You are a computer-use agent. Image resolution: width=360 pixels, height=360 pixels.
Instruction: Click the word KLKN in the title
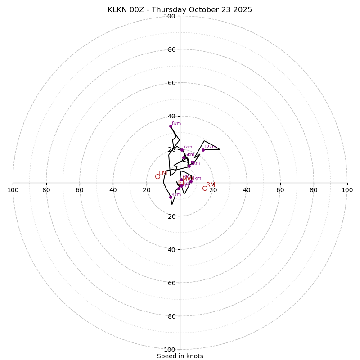tap(117, 10)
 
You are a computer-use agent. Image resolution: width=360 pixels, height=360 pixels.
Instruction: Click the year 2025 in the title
tap(243, 10)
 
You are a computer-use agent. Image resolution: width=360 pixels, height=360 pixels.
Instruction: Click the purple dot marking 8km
tap(171, 126)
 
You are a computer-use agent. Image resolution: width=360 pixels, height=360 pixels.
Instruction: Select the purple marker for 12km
tap(203, 150)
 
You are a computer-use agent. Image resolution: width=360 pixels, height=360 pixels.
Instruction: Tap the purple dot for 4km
tap(171, 197)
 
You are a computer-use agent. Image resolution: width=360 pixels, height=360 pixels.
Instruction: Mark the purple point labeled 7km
tap(182, 150)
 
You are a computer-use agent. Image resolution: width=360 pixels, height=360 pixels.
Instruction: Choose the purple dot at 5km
tap(189, 166)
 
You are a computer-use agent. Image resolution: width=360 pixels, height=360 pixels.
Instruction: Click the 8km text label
tap(176, 124)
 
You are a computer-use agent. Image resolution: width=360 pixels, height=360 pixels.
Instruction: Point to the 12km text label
tap(210, 147)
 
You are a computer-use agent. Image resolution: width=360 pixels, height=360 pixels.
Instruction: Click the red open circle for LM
tap(157, 176)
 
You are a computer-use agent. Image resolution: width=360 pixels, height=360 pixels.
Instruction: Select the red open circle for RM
tap(205, 188)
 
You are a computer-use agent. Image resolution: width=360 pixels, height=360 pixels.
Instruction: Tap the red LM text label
tap(163, 173)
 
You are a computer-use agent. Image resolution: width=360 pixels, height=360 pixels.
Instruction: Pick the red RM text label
tap(211, 185)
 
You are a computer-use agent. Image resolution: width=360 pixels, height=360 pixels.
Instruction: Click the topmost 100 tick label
tap(170, 16)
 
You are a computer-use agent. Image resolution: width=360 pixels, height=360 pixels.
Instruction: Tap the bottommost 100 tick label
tap(170, 349)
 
